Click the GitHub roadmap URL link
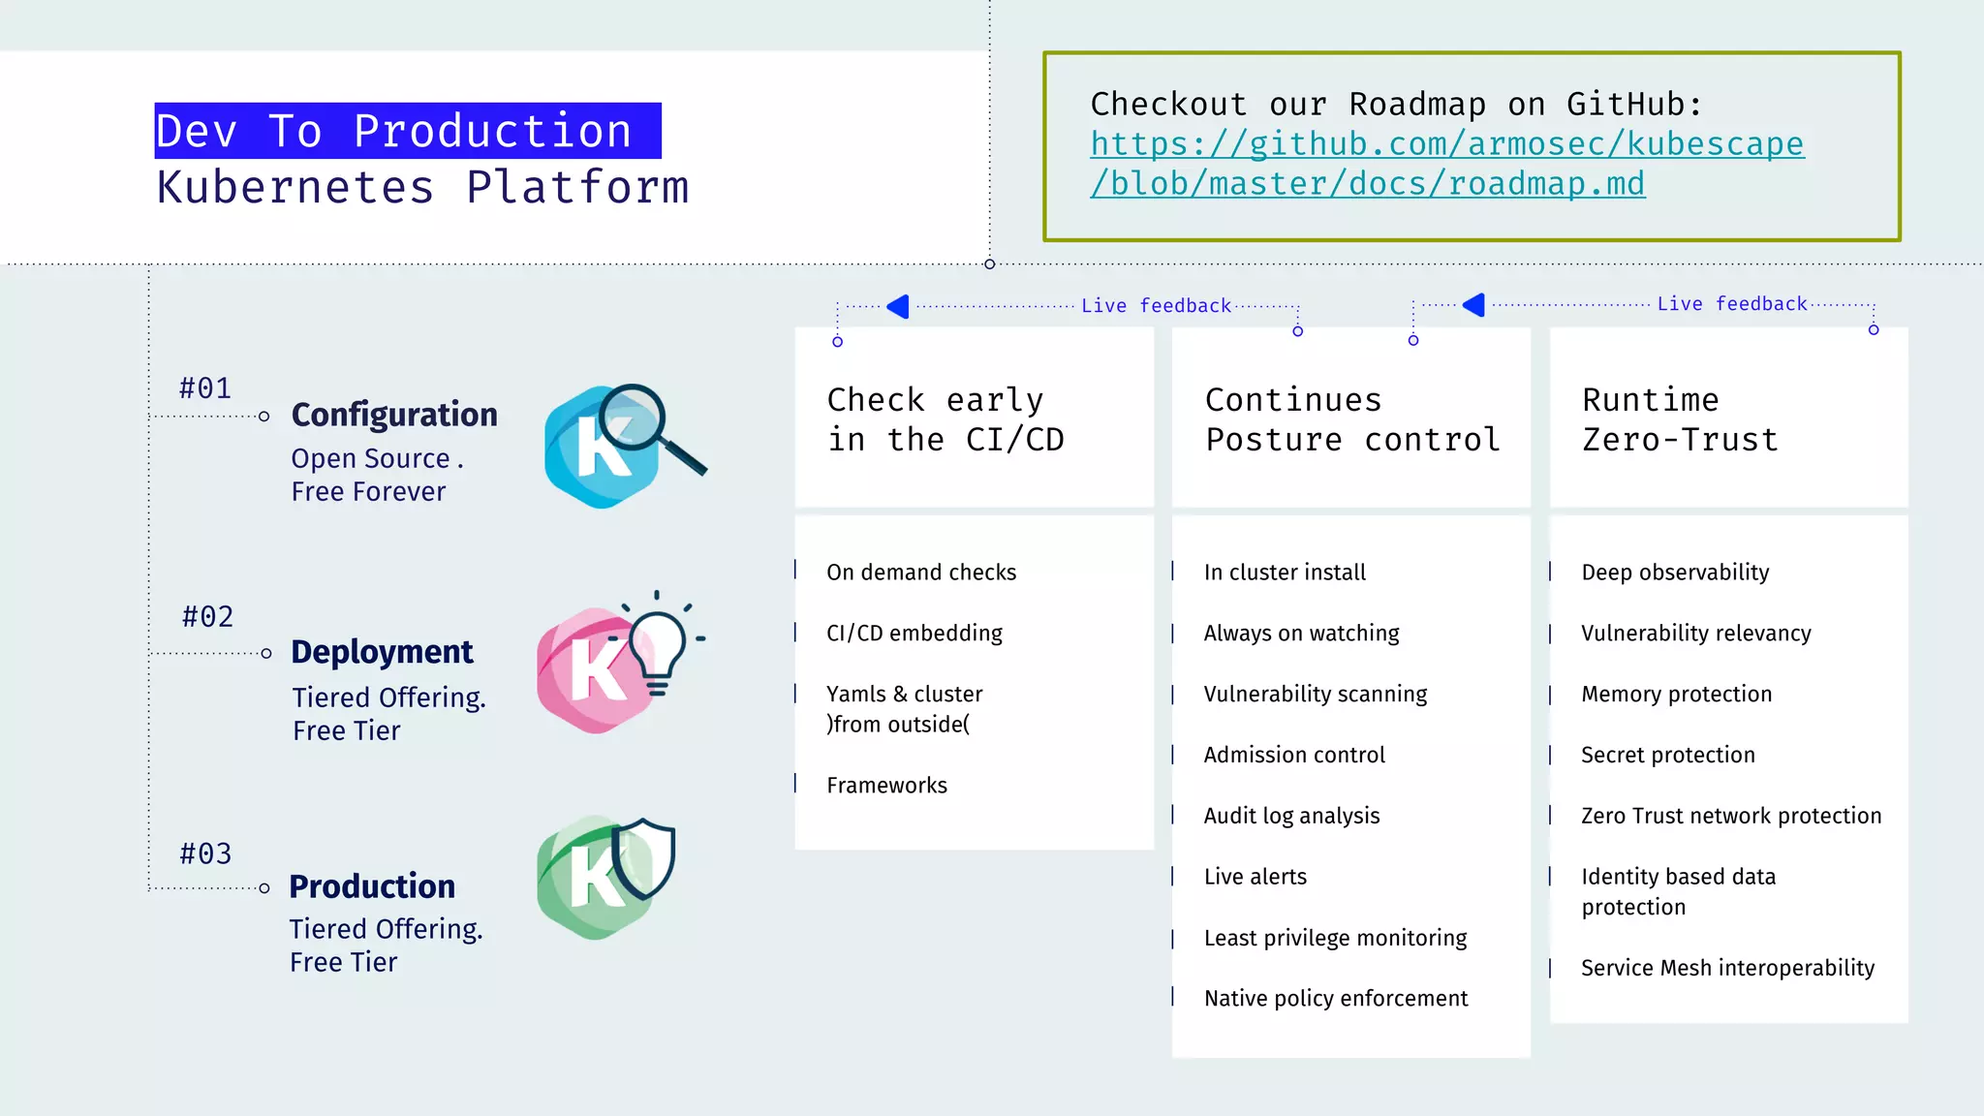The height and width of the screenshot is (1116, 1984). click(1446, 163)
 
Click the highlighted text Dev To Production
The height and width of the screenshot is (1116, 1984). click(407, 132)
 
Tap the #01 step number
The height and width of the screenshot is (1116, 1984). click(205, 388)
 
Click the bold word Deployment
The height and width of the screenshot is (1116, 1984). click(382, 652)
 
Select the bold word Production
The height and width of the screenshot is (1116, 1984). click(372, 886)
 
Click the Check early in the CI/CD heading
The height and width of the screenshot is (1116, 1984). click(945, 419)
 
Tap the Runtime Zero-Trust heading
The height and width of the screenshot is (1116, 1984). click(1680, 419)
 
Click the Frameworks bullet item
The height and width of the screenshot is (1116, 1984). click(886, 786)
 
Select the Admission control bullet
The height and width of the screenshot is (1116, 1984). click(1294, 755)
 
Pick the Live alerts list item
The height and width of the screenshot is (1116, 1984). click(1255, 877)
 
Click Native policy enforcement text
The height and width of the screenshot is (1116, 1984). click(1335, 999)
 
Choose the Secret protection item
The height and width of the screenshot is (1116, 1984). click(1667, 755)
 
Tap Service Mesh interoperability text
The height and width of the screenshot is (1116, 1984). click(1727, 968)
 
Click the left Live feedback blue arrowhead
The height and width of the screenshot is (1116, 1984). click(899, 306)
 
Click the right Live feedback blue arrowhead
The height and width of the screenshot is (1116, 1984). click(1474, 305)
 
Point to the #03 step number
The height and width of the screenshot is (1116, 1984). click(205, 853)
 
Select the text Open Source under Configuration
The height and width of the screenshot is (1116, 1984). click(371, 458)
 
